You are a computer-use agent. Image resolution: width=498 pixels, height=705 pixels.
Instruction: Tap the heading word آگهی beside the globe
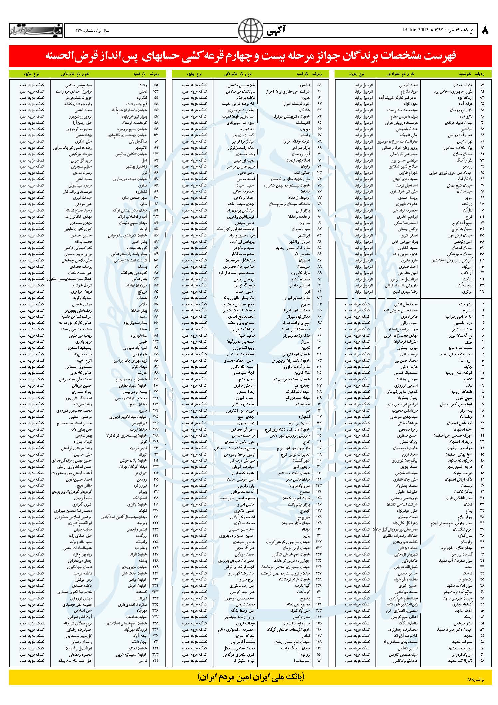coord(276,31)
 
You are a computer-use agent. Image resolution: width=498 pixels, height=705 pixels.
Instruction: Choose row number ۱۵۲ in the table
coord(156,85)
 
